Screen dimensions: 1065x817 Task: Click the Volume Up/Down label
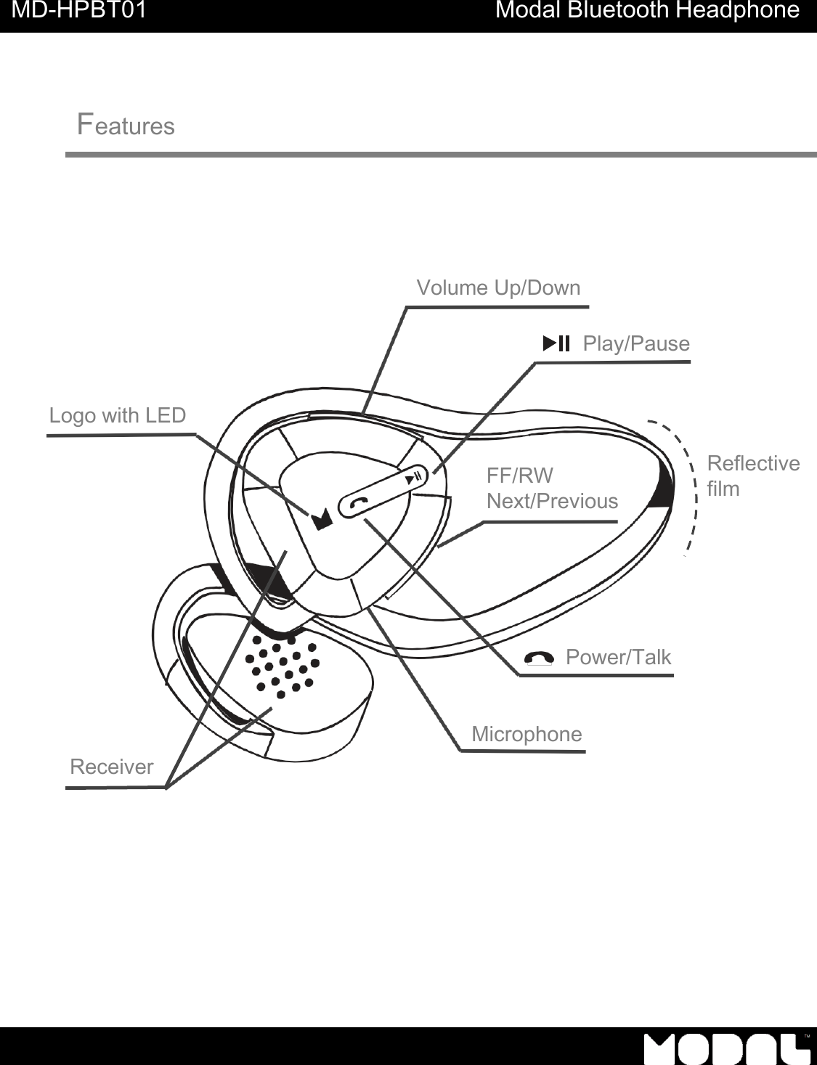[498, 288]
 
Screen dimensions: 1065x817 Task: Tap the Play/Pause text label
[636, 343]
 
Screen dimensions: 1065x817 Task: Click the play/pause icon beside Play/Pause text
[556, 343]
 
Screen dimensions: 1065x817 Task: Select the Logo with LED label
[118, 415]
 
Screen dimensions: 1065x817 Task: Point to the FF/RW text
[520, 476]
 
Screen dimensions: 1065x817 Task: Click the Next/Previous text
[552, 501]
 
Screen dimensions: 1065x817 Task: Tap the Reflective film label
[752, 476]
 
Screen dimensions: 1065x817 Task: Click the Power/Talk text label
[618, 657]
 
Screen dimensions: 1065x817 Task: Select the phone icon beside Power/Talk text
[538, 658]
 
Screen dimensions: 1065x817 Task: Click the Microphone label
[527, 734]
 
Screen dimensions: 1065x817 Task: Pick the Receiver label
[112, 767]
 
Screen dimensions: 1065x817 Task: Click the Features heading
[126, 125]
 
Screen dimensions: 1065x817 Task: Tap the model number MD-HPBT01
[79, 11]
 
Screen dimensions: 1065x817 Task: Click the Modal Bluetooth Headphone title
[647, 11]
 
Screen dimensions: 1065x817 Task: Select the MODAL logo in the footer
[727, 1048]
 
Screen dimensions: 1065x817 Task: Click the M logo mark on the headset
[322, 519]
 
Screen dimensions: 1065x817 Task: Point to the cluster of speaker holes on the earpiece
[283, 664]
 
